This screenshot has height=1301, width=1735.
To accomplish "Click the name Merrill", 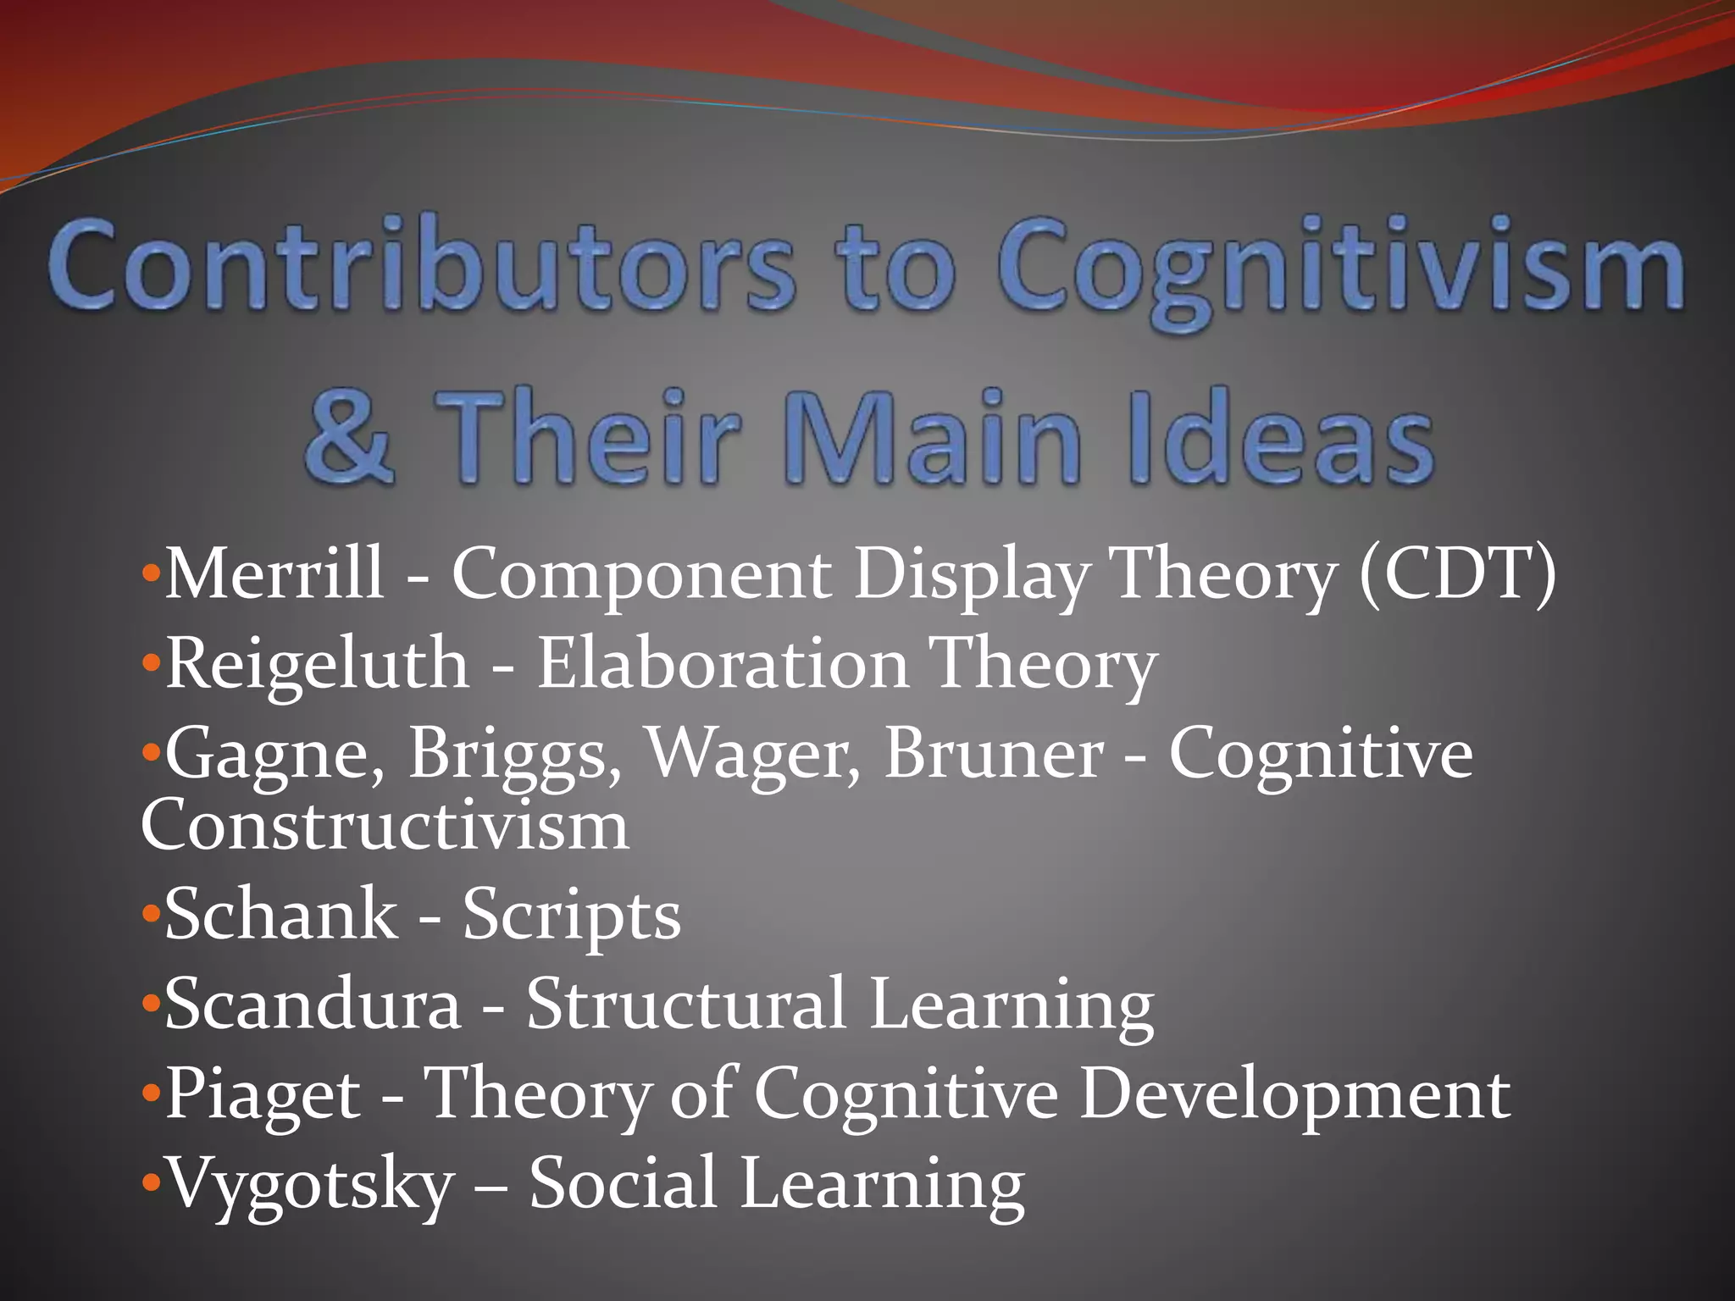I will pyautogui.click(x=274, y=573).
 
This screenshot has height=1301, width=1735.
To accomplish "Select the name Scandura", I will pyautogui.click(x=313, y=1005).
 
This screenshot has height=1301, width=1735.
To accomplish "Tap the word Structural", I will pyautogui.click(x=686, y=1005).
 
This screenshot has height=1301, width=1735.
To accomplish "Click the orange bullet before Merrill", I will pyautogui.click(x=151, y=573).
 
